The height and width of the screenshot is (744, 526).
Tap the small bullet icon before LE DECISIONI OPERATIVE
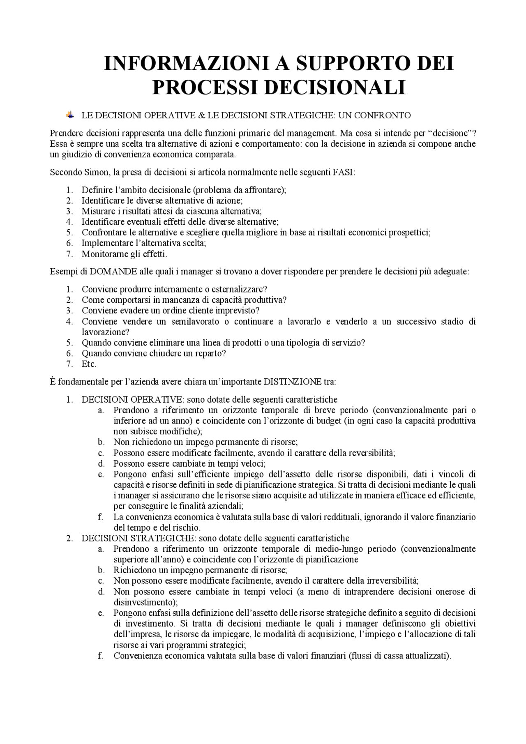coord(70,115)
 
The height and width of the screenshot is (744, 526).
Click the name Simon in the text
coord(96,172)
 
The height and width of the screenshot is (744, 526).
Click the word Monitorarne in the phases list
coord(105,254)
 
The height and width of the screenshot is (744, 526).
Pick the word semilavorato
coord(195,321)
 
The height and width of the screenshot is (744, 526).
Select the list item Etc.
coord(89,364)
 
